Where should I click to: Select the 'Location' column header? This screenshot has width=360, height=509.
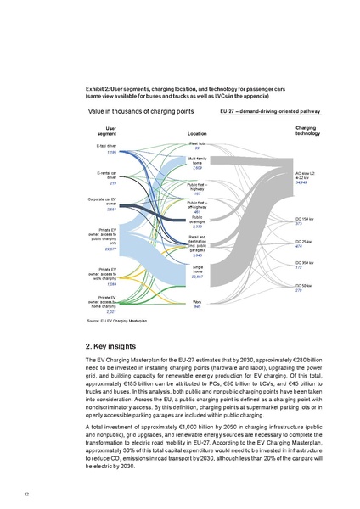(197, 134)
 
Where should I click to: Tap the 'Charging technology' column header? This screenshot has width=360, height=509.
(307, 130)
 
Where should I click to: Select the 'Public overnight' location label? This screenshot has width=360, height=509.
(197, 219)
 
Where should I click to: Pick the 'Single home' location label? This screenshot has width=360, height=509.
(197, 269)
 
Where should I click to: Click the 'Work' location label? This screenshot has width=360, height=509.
(197, 301)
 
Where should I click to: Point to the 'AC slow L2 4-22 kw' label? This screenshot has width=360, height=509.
(307, 175)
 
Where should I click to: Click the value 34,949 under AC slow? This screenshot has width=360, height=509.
(301, 183)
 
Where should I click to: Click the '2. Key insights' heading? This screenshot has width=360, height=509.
(118, 347)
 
